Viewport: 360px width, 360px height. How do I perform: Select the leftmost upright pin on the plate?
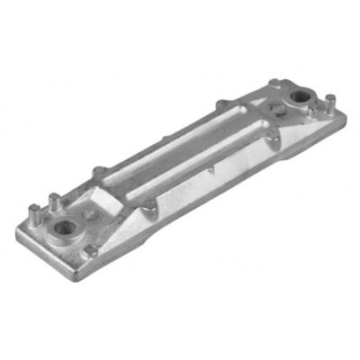(x=34, y=212)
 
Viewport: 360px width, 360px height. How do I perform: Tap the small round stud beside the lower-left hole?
(x=90, y=216)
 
